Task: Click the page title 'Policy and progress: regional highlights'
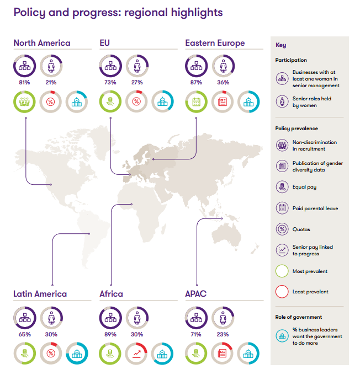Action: [x=118, y=12]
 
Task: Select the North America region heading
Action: [x=42, y=43]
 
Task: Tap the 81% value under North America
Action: [x=24, y=82]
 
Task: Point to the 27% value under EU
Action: [x=137, y=82]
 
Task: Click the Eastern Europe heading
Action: [x=215, y=43]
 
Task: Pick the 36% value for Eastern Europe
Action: [x=223, y=82]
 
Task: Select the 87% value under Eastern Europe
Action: [x=196, y=82]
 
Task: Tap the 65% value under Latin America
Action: [x=24, y=334]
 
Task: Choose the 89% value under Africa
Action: [x=110, y=334]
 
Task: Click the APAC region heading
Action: [x=196, y=294]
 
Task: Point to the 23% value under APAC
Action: [x=223, y=334]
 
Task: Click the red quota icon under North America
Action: [x=51, y=101]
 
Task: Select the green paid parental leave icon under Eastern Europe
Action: [x=196, y=101]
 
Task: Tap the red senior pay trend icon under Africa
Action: [x=137, y=353]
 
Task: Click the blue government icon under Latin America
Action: [x=77, y=353]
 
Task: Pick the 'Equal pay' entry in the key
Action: [x=304, y=187]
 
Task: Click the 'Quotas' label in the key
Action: [x=301, y=229]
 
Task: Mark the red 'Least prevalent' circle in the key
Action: [x=282, y=291]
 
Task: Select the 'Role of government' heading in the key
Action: [x=299, y=317]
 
